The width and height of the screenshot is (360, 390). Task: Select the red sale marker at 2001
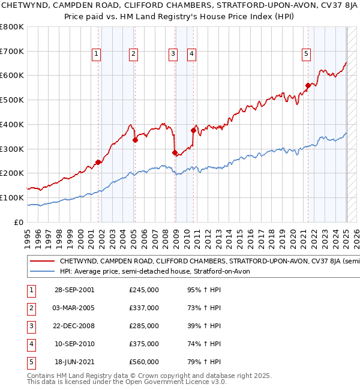click(x=98, y=162)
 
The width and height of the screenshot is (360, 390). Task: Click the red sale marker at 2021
click(x=308, y=85)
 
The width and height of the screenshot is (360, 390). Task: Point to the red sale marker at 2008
click(x=175, y=152)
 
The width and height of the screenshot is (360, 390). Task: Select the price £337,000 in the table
click(x=144, y=308)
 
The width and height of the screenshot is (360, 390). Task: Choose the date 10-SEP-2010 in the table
click(x=74, y=344)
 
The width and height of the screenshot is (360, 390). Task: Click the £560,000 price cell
click(x=144, y=362)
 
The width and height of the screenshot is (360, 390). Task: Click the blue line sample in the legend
click(x=42, y=271)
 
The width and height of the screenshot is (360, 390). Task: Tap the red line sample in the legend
click(x=42, y=262)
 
